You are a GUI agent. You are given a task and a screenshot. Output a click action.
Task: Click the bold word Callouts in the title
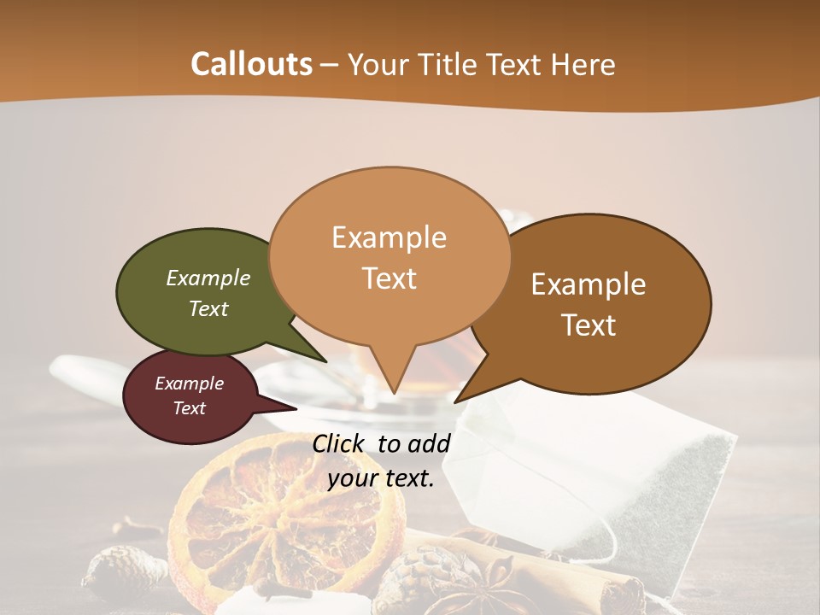tap(251, 64)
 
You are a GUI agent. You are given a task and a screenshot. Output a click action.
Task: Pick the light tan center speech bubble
tap(389, 256)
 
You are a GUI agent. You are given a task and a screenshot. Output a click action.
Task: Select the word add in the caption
tap(429, 443)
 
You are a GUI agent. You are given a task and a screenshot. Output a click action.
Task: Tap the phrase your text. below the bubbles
tap(381, 478)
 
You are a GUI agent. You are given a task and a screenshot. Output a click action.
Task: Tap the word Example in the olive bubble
tap(208, 278)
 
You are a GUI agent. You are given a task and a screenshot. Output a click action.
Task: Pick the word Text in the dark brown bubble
tap(589, 325)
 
